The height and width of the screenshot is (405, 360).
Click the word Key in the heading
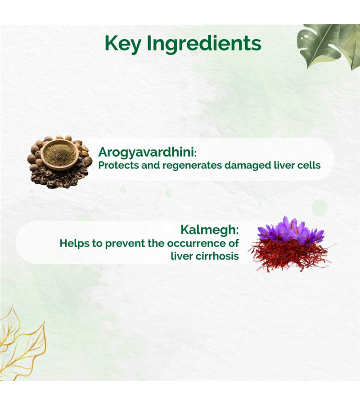point(123,44)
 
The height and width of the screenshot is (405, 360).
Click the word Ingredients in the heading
point(204,44)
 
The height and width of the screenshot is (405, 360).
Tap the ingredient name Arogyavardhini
point(146,153)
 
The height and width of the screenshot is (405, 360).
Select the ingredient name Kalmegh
point(208,229)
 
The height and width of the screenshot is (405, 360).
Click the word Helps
point(74,243)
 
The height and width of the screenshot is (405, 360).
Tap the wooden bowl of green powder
point(60,154)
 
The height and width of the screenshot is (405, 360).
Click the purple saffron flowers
point(291,231)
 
